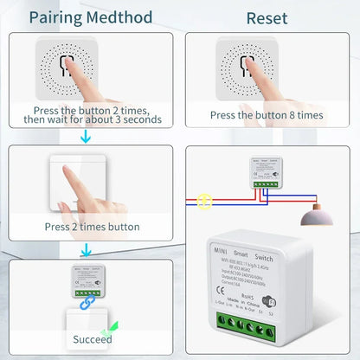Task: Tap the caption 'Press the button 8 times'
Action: [x=267, y=114]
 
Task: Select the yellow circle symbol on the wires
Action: [x=204, y=201]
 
